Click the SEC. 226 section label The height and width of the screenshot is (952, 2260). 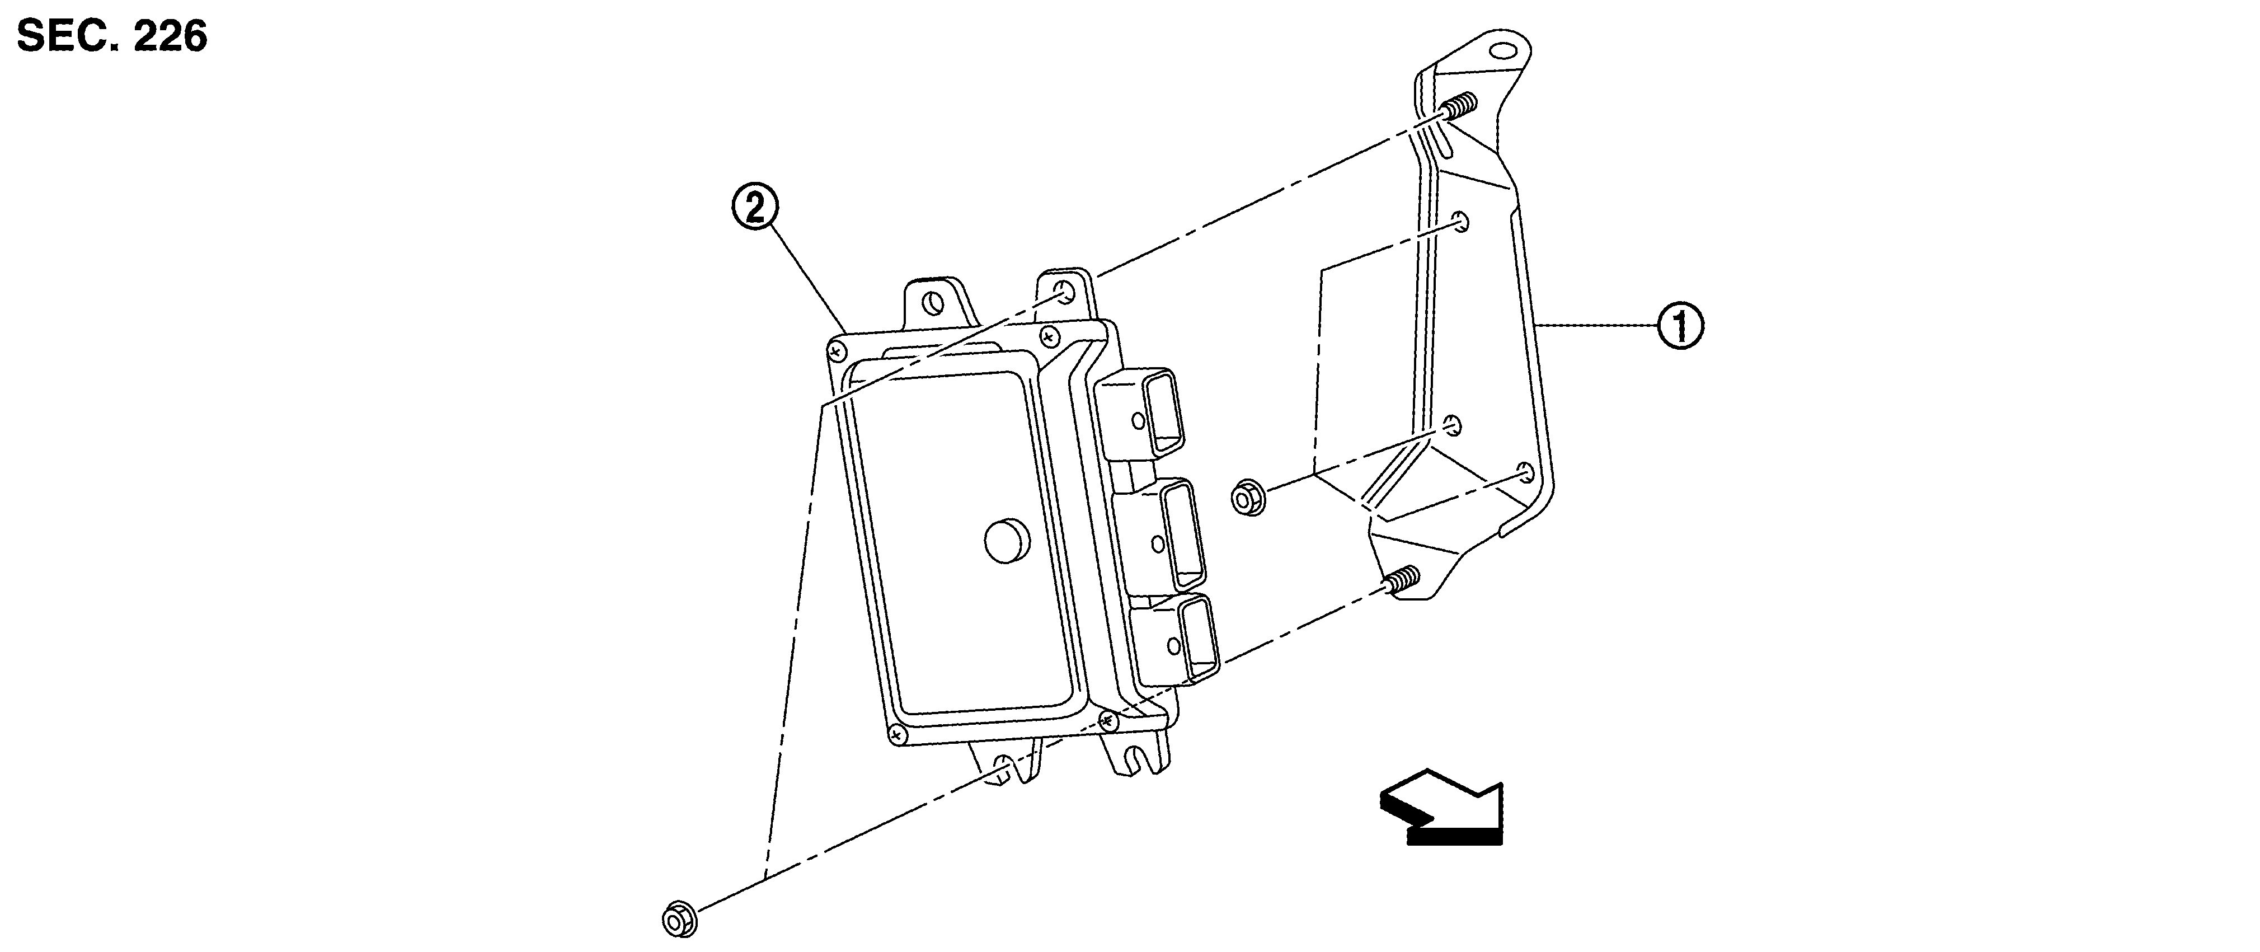(112, 36)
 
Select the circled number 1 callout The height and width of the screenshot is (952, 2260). (1679, 326)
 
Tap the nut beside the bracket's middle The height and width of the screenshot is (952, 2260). (1248, 498)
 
